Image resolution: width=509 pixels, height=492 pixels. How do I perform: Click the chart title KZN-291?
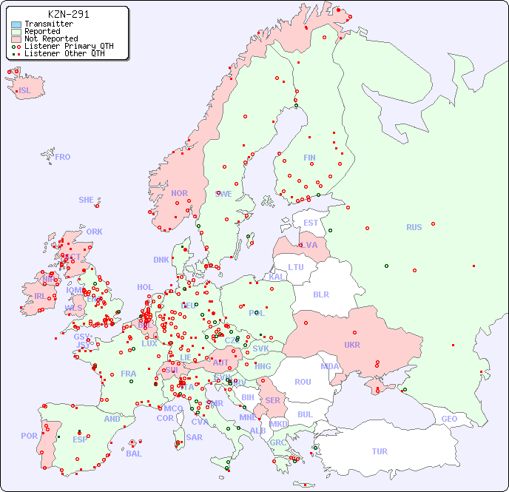[x=68, y=14]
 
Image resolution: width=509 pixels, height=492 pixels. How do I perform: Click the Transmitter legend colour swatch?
[x=16, y=24]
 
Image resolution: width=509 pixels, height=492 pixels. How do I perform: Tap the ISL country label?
[x=25, y=91]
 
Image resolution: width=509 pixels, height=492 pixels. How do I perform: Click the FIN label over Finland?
[x=309, y=158]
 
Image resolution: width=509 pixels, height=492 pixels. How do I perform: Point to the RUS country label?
[x=414, y=227]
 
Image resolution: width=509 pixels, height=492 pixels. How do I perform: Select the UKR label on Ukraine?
[x=352, y=345]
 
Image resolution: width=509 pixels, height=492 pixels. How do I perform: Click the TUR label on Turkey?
[x=380, y=451]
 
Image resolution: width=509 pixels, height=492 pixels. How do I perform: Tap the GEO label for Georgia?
[x=449, y=419]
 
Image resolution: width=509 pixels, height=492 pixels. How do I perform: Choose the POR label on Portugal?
[x=29, y=436]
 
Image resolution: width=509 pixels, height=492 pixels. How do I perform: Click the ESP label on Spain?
[x=80, y=439]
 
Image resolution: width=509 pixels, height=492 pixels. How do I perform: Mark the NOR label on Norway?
[x=179, y=193]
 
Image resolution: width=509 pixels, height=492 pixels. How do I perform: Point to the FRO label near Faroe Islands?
[x=63, y=157]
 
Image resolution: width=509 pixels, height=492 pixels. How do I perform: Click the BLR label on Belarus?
[x=320, y=294]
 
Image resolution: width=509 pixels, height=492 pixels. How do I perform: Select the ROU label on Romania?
[x=303, y=382]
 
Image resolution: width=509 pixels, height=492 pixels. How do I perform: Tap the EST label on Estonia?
[x=311, y=223]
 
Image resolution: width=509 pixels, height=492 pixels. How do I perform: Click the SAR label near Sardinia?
[x=194, y=437]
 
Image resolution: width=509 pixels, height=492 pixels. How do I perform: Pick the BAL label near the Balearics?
[x=133, y=454]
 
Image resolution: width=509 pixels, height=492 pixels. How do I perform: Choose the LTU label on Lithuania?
[x=296, y=267]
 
